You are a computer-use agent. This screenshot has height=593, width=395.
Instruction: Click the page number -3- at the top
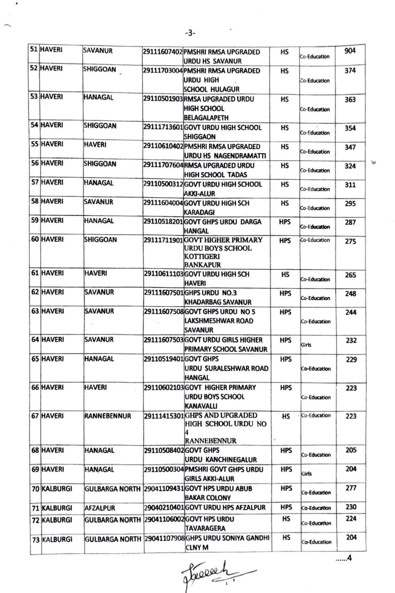click(190, 33)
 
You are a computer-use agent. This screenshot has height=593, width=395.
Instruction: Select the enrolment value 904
click(350, 50)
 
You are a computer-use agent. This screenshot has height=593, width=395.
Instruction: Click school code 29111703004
click(163, 71)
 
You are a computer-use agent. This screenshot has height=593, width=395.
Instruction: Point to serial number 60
click(34, 240)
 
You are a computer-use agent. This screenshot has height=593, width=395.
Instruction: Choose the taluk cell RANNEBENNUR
click(107, 416)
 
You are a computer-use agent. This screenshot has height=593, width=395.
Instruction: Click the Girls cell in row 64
click(306, 345)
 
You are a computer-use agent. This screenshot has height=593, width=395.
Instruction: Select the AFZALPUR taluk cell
click(99, 507)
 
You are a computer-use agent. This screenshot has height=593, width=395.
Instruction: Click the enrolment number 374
click(350, 71)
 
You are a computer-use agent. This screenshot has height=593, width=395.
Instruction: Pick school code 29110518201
click(163, 221)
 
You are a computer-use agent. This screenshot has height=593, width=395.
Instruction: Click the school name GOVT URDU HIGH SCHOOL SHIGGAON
click(222, 132)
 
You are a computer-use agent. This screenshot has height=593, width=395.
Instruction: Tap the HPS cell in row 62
click(285, 293)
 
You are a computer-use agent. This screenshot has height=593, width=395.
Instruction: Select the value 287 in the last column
click(350, 222)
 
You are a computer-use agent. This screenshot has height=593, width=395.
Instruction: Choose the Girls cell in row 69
click(306, 474)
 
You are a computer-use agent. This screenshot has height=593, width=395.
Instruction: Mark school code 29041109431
click(164, 488)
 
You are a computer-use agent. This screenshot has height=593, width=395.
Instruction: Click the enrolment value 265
click(350, 275)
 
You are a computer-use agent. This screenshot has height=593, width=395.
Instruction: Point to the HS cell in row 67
click(285, 416)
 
